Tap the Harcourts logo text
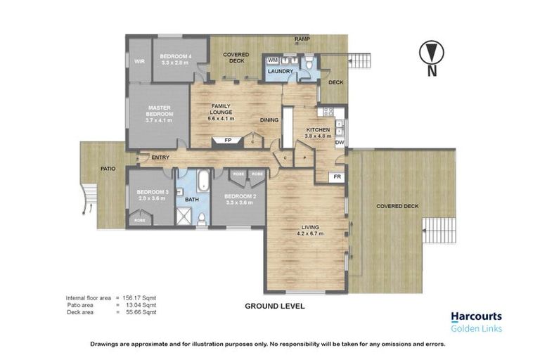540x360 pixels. click(x=477, y=317)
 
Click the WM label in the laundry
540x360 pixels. click(x=273, y=61)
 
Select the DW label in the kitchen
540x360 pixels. click(x=339, y=143)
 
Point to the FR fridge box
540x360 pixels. click(x=337, y=177)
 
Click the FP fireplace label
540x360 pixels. click(x=228, y=141)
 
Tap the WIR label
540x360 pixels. click(x=139, y=62)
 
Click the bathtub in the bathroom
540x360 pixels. click(x=202, y=181)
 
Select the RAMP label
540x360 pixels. click(x=302, y=39)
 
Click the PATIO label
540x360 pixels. click(x=107, y=169)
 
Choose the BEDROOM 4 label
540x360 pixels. click(x=175, y=56)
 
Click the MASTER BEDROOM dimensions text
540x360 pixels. click(x=159, y=120)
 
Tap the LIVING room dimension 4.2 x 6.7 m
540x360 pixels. click(x=310, y=233)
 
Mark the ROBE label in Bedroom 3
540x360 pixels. click(x=139, y=220)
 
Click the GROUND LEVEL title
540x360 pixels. click(x=274, y=307)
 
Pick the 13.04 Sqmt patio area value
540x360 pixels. click(x=139, y=305)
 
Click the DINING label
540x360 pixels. click(x=269, y=120)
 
